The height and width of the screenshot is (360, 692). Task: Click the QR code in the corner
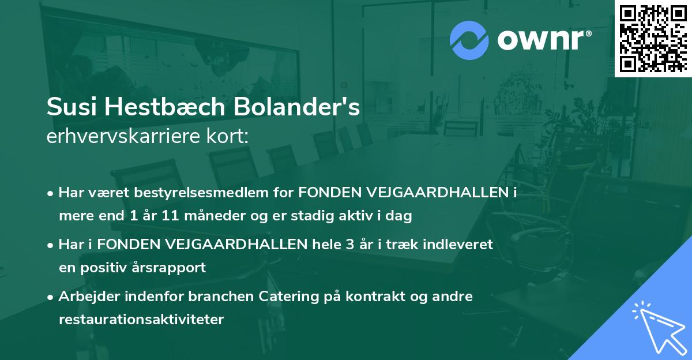point(653,39)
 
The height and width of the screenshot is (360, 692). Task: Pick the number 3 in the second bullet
point(350,244)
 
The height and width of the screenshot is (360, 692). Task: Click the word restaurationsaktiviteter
point(141,320)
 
